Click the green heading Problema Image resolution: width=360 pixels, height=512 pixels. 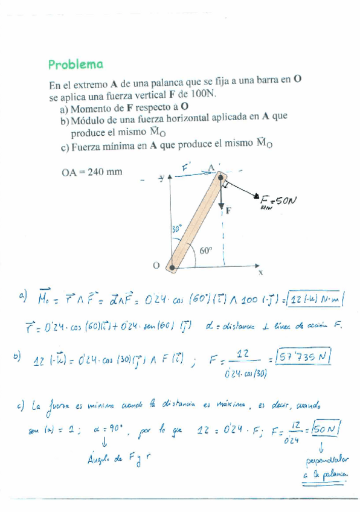(x=76, y=64)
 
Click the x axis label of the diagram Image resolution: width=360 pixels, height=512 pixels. (x=261, y=273)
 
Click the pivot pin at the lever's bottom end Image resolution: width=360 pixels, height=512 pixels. (x=172, y=266)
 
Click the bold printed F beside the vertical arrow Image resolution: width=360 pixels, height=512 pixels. (x=229, y=211)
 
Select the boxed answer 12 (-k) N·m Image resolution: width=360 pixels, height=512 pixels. (x=316, y=300)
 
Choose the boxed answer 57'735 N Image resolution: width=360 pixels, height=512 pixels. (x=300, y=357)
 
